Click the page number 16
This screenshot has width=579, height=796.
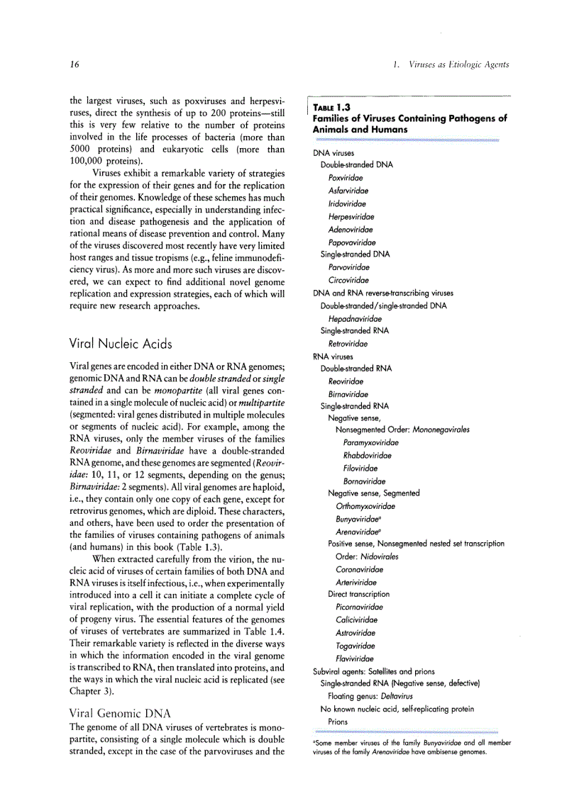74,65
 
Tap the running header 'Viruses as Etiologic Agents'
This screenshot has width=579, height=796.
458,65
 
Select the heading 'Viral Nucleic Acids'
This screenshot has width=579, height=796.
121,344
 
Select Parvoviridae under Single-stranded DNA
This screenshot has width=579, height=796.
348,267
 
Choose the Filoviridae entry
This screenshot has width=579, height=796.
360,468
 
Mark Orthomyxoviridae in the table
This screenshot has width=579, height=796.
365,506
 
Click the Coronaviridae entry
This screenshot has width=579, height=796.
359,569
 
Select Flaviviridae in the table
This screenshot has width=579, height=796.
355,658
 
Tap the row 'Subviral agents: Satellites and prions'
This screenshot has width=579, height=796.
374,671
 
